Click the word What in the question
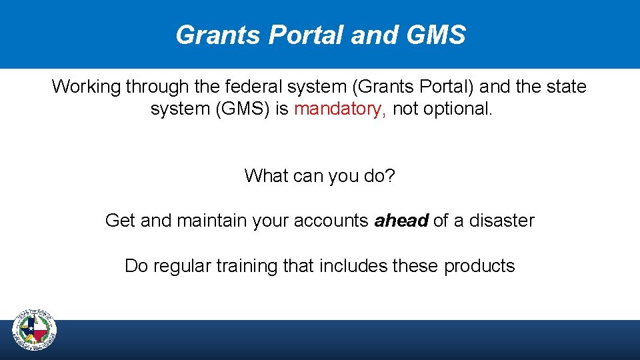(x=265, y=176)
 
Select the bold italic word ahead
(x=401, y=221)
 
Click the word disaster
(x=501, y=221)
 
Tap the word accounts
(x=329, y=221)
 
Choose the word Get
(x=120, y=221)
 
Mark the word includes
(x=353, y=266)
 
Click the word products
(x=479, y=266)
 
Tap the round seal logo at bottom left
(x=35, y=331)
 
